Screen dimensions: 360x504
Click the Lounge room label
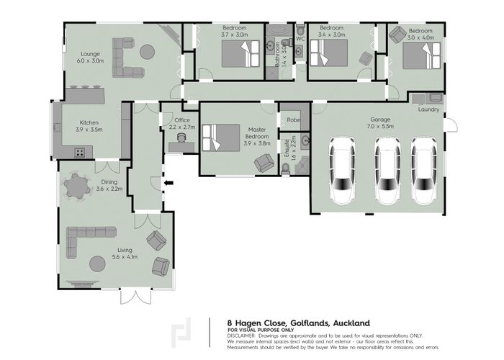(90, 54)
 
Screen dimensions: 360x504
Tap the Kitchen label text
(89, 122)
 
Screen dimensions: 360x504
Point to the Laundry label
(428, 109)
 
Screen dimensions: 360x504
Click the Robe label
(293, 120)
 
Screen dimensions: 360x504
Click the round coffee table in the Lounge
(147, 52)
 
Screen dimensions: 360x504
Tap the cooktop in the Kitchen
(80, 152)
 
